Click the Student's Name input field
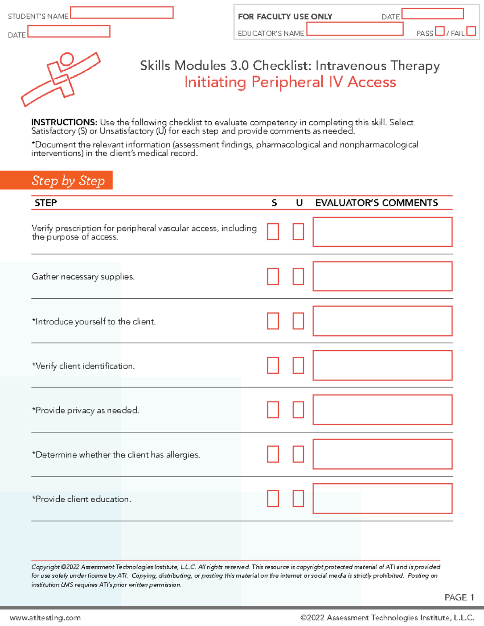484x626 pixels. (x=122, y=13)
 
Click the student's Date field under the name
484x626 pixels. (x=69, y=31)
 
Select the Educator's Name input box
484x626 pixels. (x=355, y=29)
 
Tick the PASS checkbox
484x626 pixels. (x=440, y=31)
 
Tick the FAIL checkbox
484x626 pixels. (x=471, y=31)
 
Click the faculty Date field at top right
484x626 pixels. (x=432, y=14)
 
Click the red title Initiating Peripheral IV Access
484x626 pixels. (x=290, y=82)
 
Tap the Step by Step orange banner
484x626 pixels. (x=56, y=180)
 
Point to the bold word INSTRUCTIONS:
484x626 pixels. (x=64, y=122)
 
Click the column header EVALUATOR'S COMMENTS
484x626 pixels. (x=376, y=203)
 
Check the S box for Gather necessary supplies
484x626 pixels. (x=273, y=277)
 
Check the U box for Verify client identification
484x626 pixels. (x=298, y=366)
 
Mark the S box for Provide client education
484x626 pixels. (x=273, y=499)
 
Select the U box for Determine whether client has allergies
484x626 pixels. (x=298, y=454)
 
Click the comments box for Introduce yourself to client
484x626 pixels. (x=382, y=321)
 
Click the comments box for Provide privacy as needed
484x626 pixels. (x=382, y=410)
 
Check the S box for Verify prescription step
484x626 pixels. (x=273, y=232)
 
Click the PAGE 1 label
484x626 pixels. (x=459, y=597)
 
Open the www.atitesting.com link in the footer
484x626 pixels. (x=45, y=618)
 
